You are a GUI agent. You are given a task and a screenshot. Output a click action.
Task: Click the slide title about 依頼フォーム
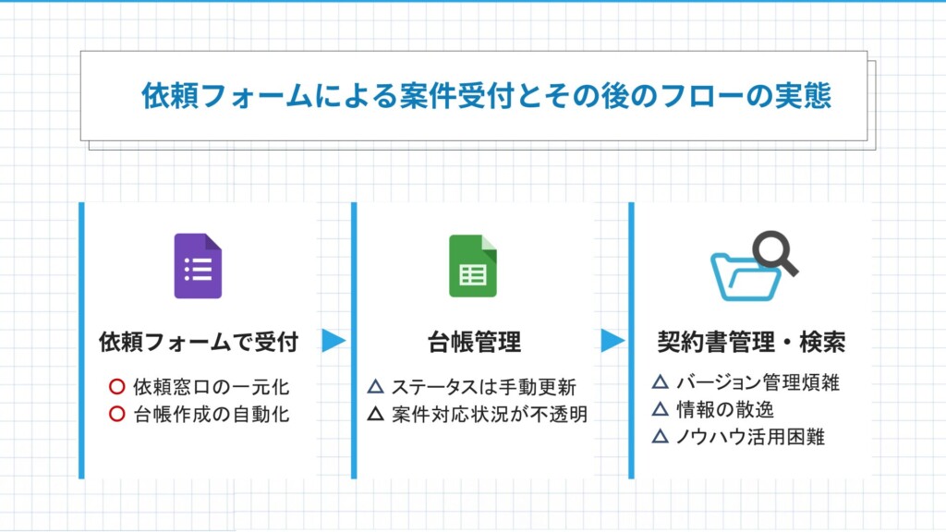click(x=486, y=96)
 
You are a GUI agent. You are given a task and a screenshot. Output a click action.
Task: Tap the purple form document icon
click(x=198, y=266)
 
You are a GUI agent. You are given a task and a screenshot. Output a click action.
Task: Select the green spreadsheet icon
click(x=473, y=266)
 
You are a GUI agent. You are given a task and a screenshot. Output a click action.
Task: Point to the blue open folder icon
click(x=744, y=277)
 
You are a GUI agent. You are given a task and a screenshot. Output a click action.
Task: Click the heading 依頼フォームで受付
click(x=199, y=342)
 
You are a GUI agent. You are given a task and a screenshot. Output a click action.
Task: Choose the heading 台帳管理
click(x=474, y=342)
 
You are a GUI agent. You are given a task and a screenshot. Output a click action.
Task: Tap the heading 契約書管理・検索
click(x=751, y=342)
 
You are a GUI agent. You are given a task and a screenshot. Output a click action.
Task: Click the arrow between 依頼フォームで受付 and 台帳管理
click(x=333, y=341)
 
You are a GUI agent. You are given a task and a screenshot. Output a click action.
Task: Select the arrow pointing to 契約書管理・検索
click(x=612, y=341)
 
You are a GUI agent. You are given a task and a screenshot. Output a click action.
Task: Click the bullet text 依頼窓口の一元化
click(x=212, y=387)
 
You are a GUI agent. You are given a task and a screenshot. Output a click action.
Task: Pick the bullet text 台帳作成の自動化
click(x=212, y=415)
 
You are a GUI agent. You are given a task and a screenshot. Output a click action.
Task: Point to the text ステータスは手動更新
click(x=484, y=387)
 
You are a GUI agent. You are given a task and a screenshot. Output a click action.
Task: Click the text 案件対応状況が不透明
click(x=490, y=415)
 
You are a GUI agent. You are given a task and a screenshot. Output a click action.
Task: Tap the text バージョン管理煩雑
click(x=758, y=382)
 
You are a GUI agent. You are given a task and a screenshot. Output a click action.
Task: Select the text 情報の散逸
click(x=724, y=409)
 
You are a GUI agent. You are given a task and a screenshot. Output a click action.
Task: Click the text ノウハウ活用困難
click(x=750, y=437)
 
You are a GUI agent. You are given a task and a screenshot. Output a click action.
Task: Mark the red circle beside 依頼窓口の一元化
click(x=117, y=387)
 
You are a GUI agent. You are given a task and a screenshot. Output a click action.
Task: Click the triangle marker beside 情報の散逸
click(x=661, y=409)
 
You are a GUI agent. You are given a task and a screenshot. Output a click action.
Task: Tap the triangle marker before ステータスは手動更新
click(x=376, y=386)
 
